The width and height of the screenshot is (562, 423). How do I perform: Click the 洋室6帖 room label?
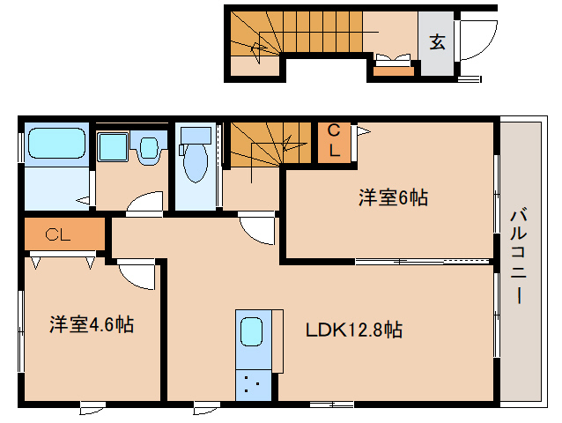(392, 197)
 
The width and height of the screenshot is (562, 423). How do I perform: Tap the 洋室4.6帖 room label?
(91, 324)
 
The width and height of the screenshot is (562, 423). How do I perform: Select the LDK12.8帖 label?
(354, 330)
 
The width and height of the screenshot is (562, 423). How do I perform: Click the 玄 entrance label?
(436, 41)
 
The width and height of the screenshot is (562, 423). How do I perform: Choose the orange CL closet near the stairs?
(333, 141)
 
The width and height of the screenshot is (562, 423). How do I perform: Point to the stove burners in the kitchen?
(252, 382)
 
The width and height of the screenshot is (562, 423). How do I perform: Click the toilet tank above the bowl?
(196, 136)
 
